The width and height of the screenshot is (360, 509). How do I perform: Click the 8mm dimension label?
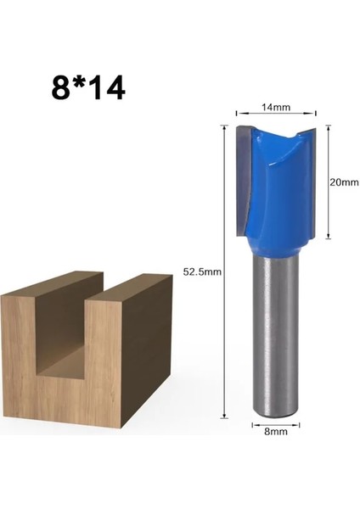(275, 431)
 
